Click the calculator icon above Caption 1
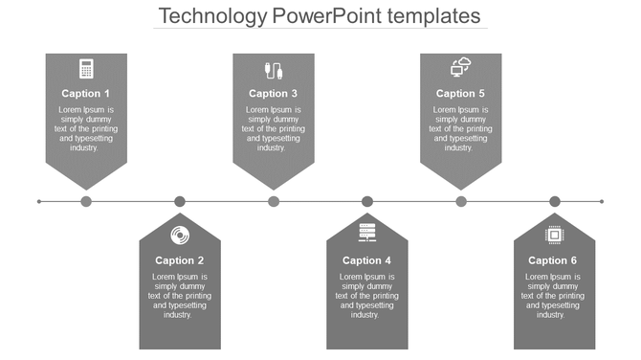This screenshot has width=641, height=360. (x=86, y=68)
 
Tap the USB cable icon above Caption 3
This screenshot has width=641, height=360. (x=274, y=69)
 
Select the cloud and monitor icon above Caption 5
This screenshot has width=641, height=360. (x=461, y=67)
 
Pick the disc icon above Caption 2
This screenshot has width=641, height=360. (x=180, y=235)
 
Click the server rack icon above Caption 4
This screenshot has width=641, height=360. (x=367, y=233)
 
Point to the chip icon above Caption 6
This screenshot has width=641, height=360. (x=554, y=235)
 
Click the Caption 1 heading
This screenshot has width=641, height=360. (x=86, y=94)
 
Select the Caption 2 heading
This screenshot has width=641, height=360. (x=180, y=260)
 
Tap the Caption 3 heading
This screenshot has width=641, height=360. (x=274, y=94)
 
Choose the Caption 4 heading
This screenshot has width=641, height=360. (x=367, y=260)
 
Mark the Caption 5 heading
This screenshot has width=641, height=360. (x=461, y=94)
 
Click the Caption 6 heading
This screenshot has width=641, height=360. (x=554, y=260)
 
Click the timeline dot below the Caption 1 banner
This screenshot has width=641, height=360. (x=86, y=201)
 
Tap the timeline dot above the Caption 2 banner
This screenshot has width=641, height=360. (x=180, y=201)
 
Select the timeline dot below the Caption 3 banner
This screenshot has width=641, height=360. (x=274, y=201)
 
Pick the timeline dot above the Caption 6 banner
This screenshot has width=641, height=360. (x=555, y=201)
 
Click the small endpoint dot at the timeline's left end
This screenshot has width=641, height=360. (x=39, y=201)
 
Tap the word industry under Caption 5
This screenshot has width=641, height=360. (x=459, y=148)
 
